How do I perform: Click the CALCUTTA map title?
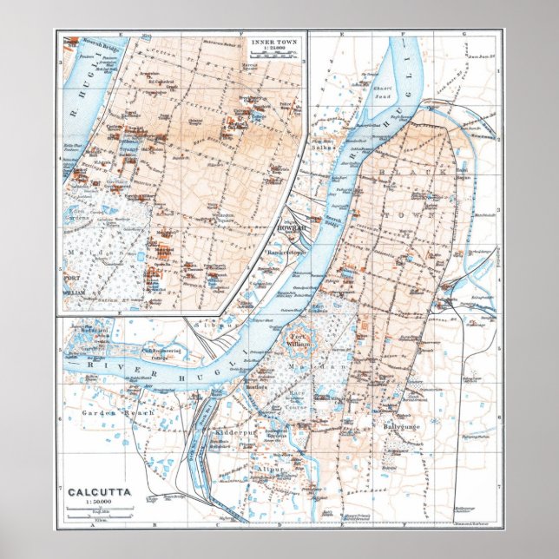(101, 492)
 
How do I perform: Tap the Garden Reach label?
(129, 413)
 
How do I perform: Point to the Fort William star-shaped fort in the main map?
(299, 341)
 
